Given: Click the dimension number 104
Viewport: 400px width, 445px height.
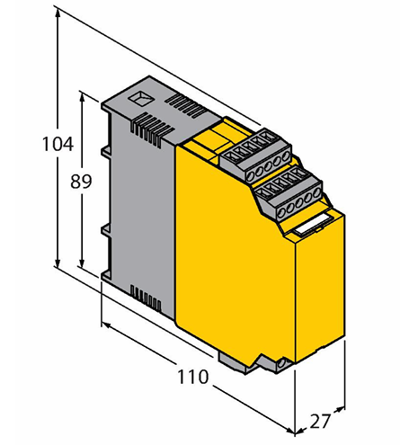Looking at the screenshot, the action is pos(58,144).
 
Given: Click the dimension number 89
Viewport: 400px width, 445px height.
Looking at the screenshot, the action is pos(81,182).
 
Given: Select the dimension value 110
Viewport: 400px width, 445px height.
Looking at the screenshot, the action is pos(192,377).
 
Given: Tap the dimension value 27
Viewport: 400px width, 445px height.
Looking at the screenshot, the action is pos(320,421).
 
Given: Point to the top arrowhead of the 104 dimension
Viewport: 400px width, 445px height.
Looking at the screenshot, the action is pos(58,12).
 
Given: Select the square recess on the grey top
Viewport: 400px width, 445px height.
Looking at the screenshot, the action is pos(139,98).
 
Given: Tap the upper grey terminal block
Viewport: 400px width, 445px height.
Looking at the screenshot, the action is pos(255,154).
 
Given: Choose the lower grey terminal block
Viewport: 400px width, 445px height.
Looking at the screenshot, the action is pos(290,193).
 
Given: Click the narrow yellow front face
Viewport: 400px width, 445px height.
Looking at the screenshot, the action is pos(320,288).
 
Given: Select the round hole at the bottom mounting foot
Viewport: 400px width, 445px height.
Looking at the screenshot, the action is pos(281,364).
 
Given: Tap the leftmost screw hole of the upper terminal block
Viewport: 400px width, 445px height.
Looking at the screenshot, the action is pos(251,174).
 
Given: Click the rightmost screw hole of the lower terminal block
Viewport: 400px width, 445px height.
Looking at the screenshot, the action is pos(316,194).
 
